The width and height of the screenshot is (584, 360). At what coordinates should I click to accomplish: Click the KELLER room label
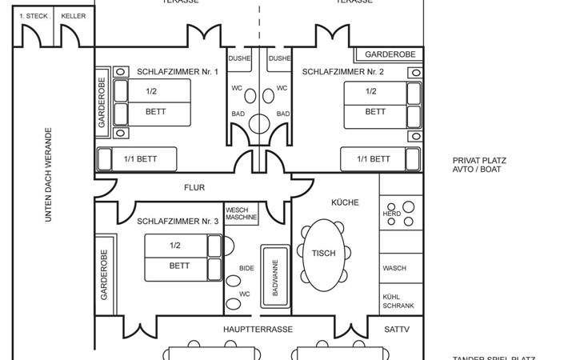click(73, 15)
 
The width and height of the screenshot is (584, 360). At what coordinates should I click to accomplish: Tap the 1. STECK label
click(33, 15)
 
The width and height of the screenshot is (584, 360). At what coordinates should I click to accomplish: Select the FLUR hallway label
click(194, 188)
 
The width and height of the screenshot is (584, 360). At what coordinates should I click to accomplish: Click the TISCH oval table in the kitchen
click(324, 254)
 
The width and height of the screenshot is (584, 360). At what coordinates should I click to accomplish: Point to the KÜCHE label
click(345, 202)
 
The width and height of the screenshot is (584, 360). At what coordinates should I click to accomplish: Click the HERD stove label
click(391, 214)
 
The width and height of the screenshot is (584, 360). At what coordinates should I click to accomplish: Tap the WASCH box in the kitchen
click(394, 268)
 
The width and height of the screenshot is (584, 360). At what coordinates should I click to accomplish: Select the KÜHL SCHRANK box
click(398, 300)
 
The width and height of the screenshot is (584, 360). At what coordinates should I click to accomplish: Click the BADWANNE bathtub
click(274, 278)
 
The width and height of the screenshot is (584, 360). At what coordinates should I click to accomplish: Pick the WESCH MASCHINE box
click(241, 214)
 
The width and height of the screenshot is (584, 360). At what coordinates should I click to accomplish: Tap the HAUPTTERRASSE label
click(258, 329)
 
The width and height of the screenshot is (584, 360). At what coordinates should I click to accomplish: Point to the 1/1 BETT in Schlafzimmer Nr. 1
click(140, 159)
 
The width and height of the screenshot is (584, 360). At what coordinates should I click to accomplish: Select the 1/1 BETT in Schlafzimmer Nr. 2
click(369, 159)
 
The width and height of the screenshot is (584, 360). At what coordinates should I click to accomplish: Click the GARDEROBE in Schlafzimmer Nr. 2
click(390, 54)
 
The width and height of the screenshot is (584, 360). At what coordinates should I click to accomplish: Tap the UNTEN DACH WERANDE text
click(48, 174)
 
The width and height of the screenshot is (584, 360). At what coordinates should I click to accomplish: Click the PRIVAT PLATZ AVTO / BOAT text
click(479, 166)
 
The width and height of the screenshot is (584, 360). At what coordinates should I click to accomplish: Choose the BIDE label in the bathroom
click(246, 268)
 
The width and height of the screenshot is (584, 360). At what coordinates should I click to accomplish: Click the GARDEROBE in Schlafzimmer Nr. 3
click(103, 274)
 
